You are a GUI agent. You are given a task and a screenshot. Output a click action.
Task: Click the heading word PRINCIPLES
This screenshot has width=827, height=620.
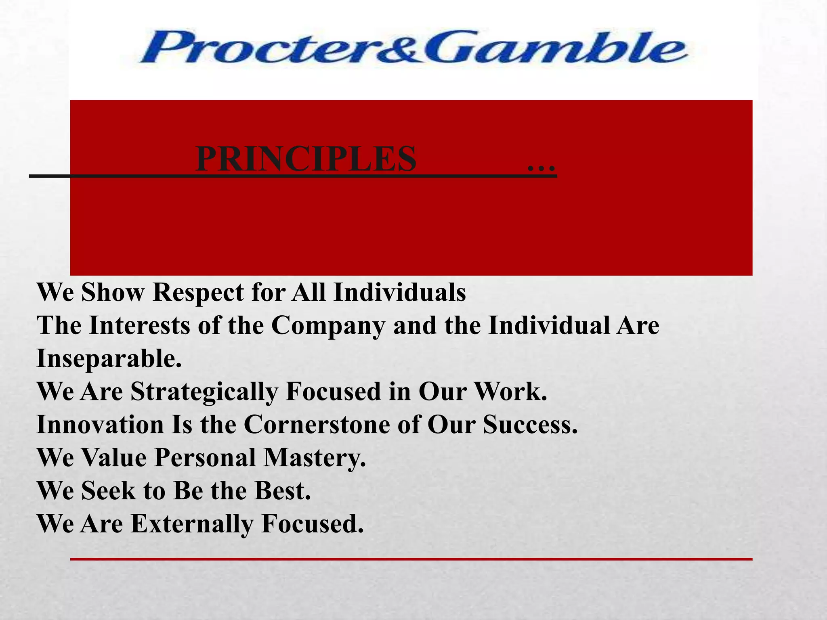coord(306,159)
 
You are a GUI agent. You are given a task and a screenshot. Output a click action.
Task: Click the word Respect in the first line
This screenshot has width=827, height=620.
coord(198,293)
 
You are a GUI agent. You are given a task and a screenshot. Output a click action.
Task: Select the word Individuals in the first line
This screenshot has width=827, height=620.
coord(400,292)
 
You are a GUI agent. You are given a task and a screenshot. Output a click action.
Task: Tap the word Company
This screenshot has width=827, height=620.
coord(328,326)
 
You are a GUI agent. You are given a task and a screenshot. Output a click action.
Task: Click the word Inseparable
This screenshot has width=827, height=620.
coord(109,359)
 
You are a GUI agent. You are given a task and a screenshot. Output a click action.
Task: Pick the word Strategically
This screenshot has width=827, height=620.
coord(204,392)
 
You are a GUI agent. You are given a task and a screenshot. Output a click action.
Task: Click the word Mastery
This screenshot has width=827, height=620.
coord(315,459)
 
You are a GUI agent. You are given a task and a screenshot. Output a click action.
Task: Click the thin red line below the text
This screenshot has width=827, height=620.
coord(411,559)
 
